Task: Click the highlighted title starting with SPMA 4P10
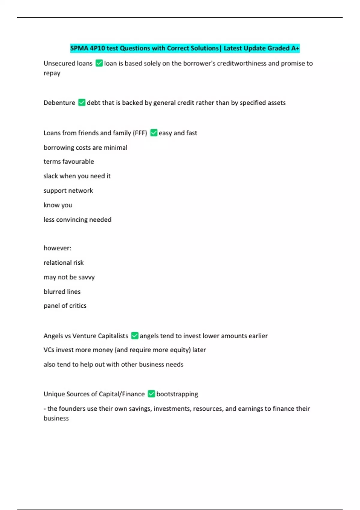click(185, 48)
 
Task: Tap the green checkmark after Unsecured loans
click(99, 63)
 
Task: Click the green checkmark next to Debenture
click(82, 103)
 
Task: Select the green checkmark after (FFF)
click(154, 133)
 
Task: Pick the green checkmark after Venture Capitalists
click(135, 336)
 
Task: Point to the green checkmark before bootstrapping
click(151, 394)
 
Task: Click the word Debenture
click(59, 103)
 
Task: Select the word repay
click(52, 73)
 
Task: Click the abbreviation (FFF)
click(140, 133)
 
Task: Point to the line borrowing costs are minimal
click(85, 147)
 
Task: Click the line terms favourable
click(69, 161)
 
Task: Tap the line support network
click(68, 190)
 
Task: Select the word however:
click(57, 248)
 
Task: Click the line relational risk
click(64, 262)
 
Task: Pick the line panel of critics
click(65, 306)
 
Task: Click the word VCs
click(49, 350)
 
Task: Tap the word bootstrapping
click(177, 394)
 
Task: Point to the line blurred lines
click(62, 292)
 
